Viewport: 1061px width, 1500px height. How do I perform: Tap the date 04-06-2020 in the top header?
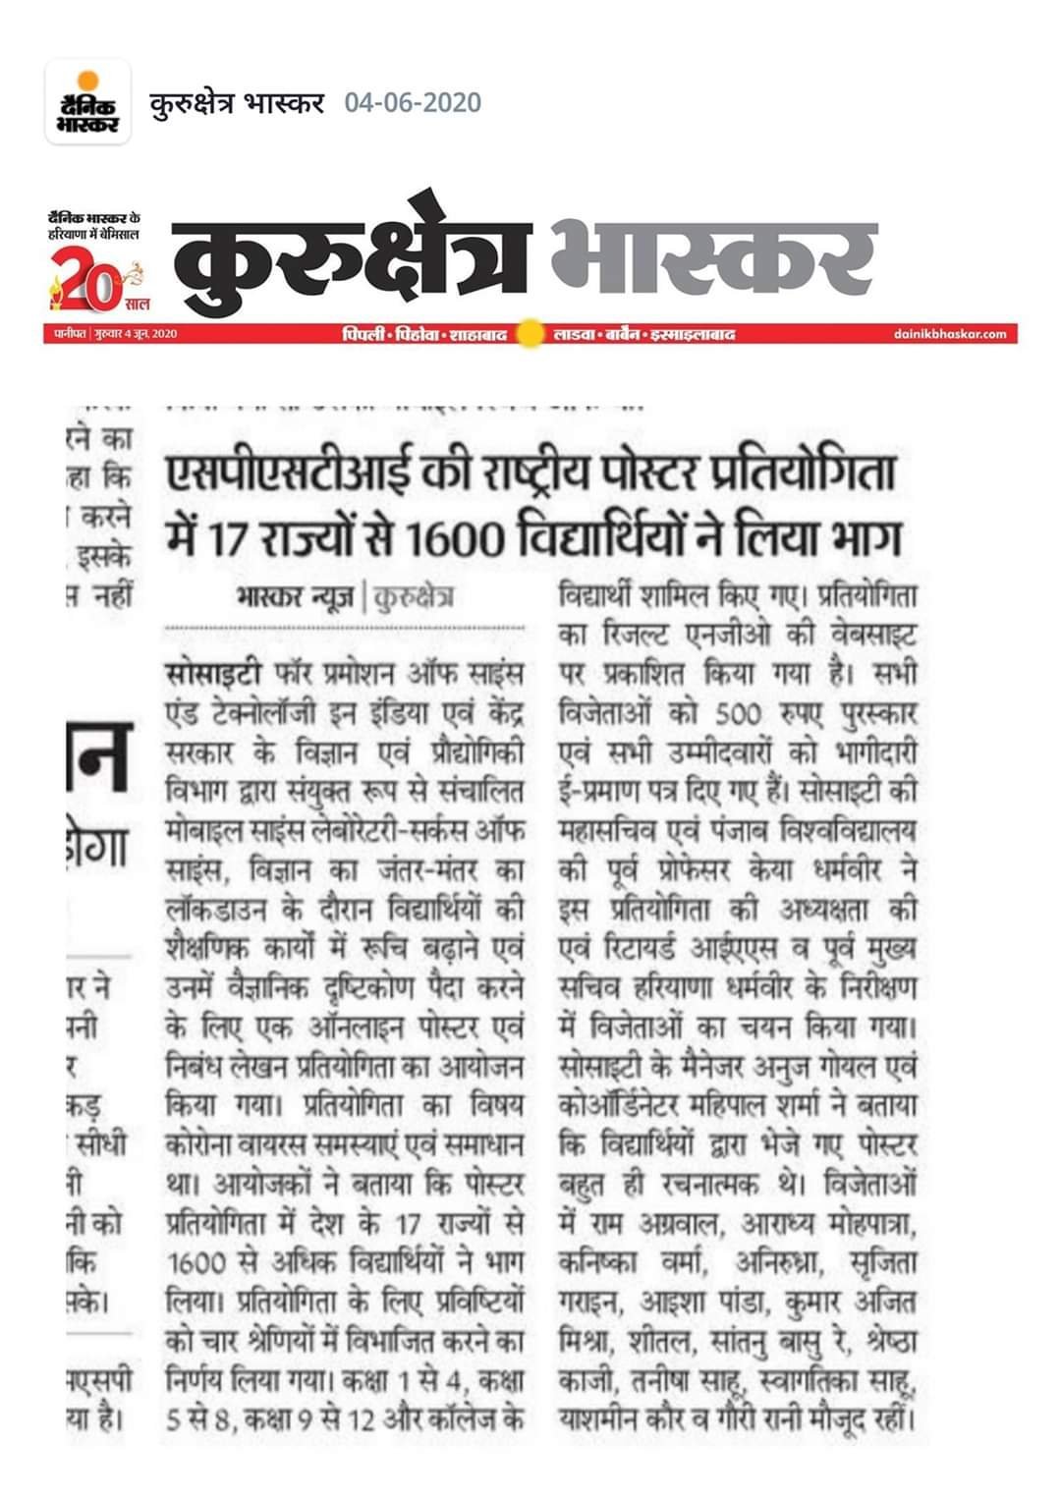[413, 102]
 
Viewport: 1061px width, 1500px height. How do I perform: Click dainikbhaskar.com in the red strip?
[950, 335]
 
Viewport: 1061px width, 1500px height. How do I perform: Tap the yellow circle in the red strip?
[530, 334]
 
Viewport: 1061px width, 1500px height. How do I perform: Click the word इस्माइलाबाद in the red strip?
[694, 335]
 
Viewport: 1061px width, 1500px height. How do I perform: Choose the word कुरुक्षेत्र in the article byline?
[413, 596]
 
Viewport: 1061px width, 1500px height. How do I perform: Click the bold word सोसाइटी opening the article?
[213, 675]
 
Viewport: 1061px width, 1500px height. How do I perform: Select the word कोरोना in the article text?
[200, 1145]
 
